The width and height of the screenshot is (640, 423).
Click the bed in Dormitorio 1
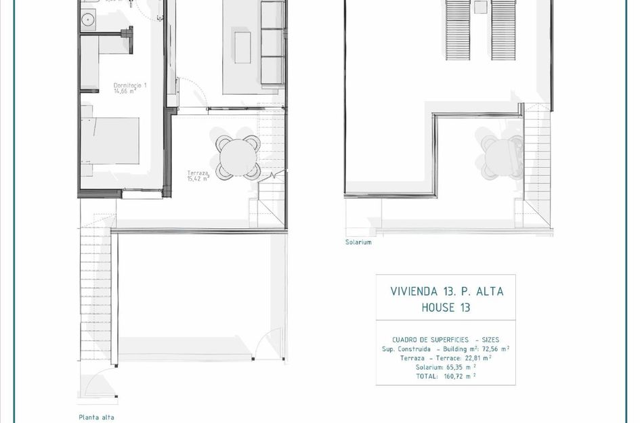pos(110,141)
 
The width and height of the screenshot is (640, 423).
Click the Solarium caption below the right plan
pos(358,242)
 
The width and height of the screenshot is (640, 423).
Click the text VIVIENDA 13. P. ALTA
pos(447,292)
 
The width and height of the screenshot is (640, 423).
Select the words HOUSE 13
pos(446,308)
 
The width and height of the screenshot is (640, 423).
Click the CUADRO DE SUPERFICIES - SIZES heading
pos(446,340)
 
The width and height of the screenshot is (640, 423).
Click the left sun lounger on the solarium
pos(458,30)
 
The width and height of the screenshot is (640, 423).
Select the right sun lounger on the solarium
pos(503,30)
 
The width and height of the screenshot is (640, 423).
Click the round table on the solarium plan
pos(502,154)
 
